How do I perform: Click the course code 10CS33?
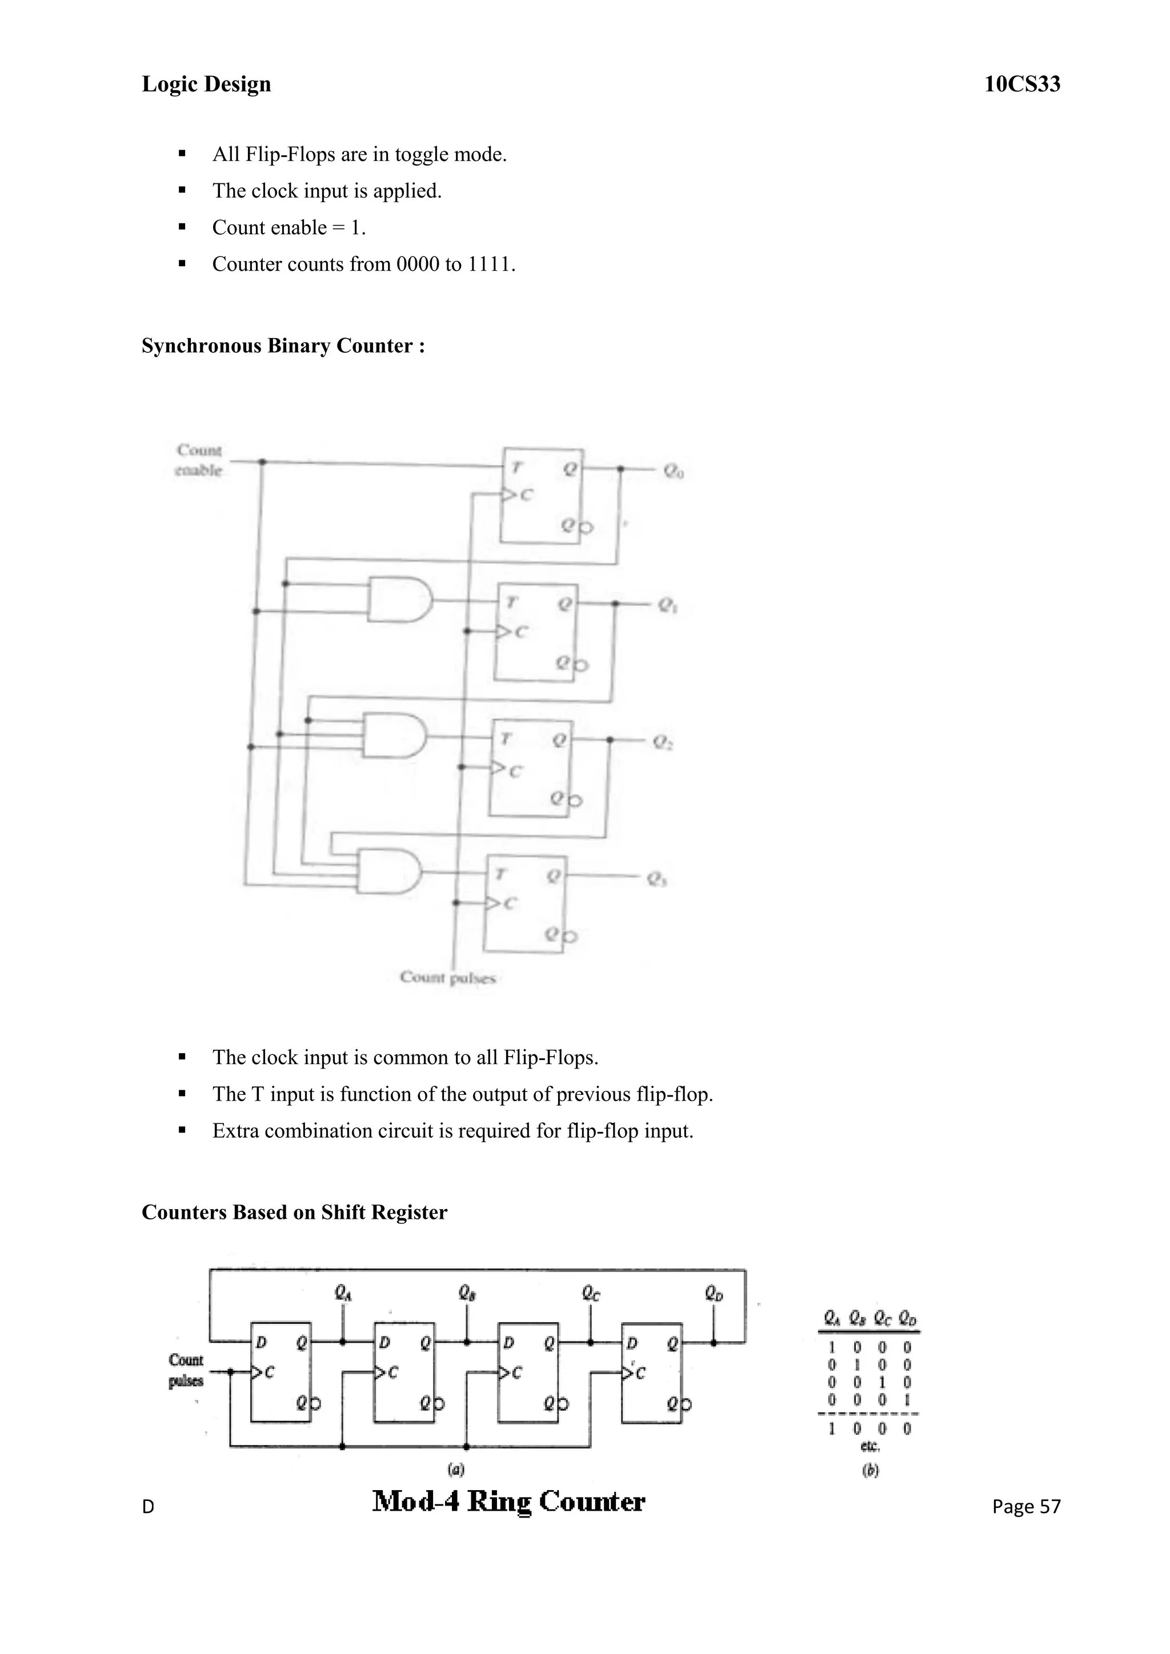1021,85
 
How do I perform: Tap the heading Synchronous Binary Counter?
283,346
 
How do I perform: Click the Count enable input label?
199,460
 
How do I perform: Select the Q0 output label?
674,472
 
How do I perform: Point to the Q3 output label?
656,879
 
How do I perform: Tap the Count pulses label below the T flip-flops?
447,978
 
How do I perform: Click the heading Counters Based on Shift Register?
294,1213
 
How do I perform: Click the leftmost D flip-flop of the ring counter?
281,1372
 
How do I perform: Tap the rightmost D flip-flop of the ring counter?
651,1372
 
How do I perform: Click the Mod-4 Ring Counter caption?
508,1502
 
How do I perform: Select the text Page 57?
1026,1506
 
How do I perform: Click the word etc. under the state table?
870,1446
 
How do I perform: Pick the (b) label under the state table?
870,1471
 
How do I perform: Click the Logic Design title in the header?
206,85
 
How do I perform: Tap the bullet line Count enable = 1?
289,228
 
